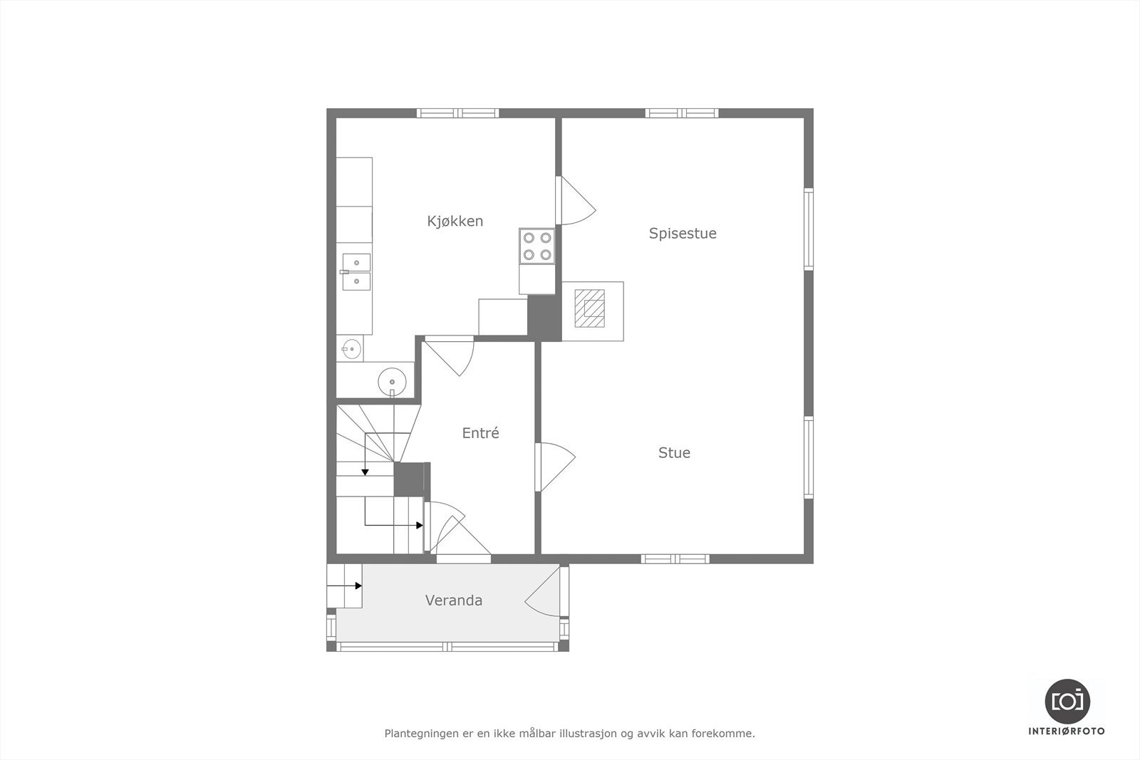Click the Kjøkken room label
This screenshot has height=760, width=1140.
coord(455,222)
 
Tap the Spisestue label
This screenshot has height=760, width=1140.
coord(682,234)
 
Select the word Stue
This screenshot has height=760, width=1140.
coord(674,453)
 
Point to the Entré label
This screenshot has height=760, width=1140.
coord(480,433)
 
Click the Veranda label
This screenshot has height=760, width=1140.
coord(453,600)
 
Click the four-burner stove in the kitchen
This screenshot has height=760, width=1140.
coord(537,246)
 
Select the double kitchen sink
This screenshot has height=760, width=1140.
coord(356,272)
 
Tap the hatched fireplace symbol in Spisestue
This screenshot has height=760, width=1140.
coord(589,308)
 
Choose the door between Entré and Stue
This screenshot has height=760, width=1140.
coord(554,467)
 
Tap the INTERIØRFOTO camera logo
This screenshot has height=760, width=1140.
coord(1067,701)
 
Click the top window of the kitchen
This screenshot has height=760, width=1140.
coord(457,113)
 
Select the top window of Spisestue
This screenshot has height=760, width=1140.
coord(682,113)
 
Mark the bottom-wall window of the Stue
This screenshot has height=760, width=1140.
coord(675,558)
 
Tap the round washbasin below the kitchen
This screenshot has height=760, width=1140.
coord(391,382)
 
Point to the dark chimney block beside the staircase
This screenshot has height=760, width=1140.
coord(409,479)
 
